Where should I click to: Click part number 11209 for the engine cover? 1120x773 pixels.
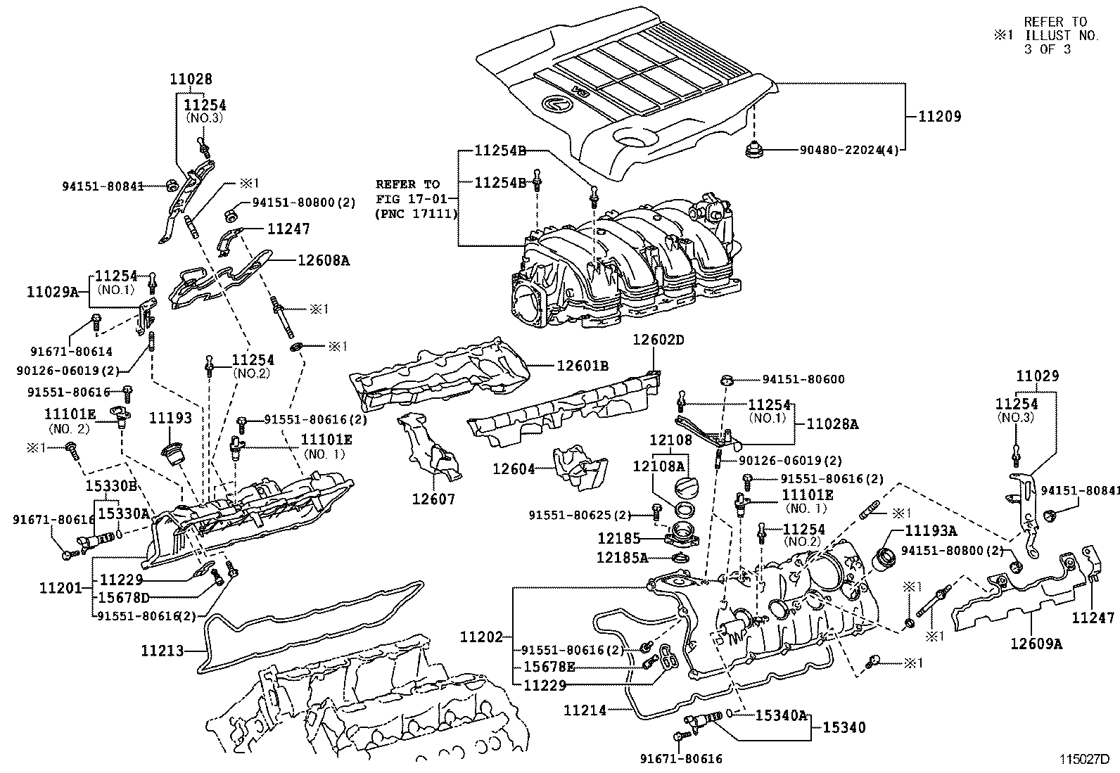[x=939, y=116]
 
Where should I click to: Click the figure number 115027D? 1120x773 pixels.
[x=1084, y=760]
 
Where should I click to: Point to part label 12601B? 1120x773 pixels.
[x=583, y=365]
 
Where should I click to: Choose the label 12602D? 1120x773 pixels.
[x=658, y=340]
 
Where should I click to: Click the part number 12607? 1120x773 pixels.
[x=433, y=499]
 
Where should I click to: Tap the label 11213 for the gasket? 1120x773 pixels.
[x=162, y=651]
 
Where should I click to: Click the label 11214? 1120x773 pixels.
[x=584, y=710]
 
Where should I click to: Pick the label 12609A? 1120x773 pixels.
[x=1036, y=642]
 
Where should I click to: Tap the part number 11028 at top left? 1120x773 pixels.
[x=191, y=79]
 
